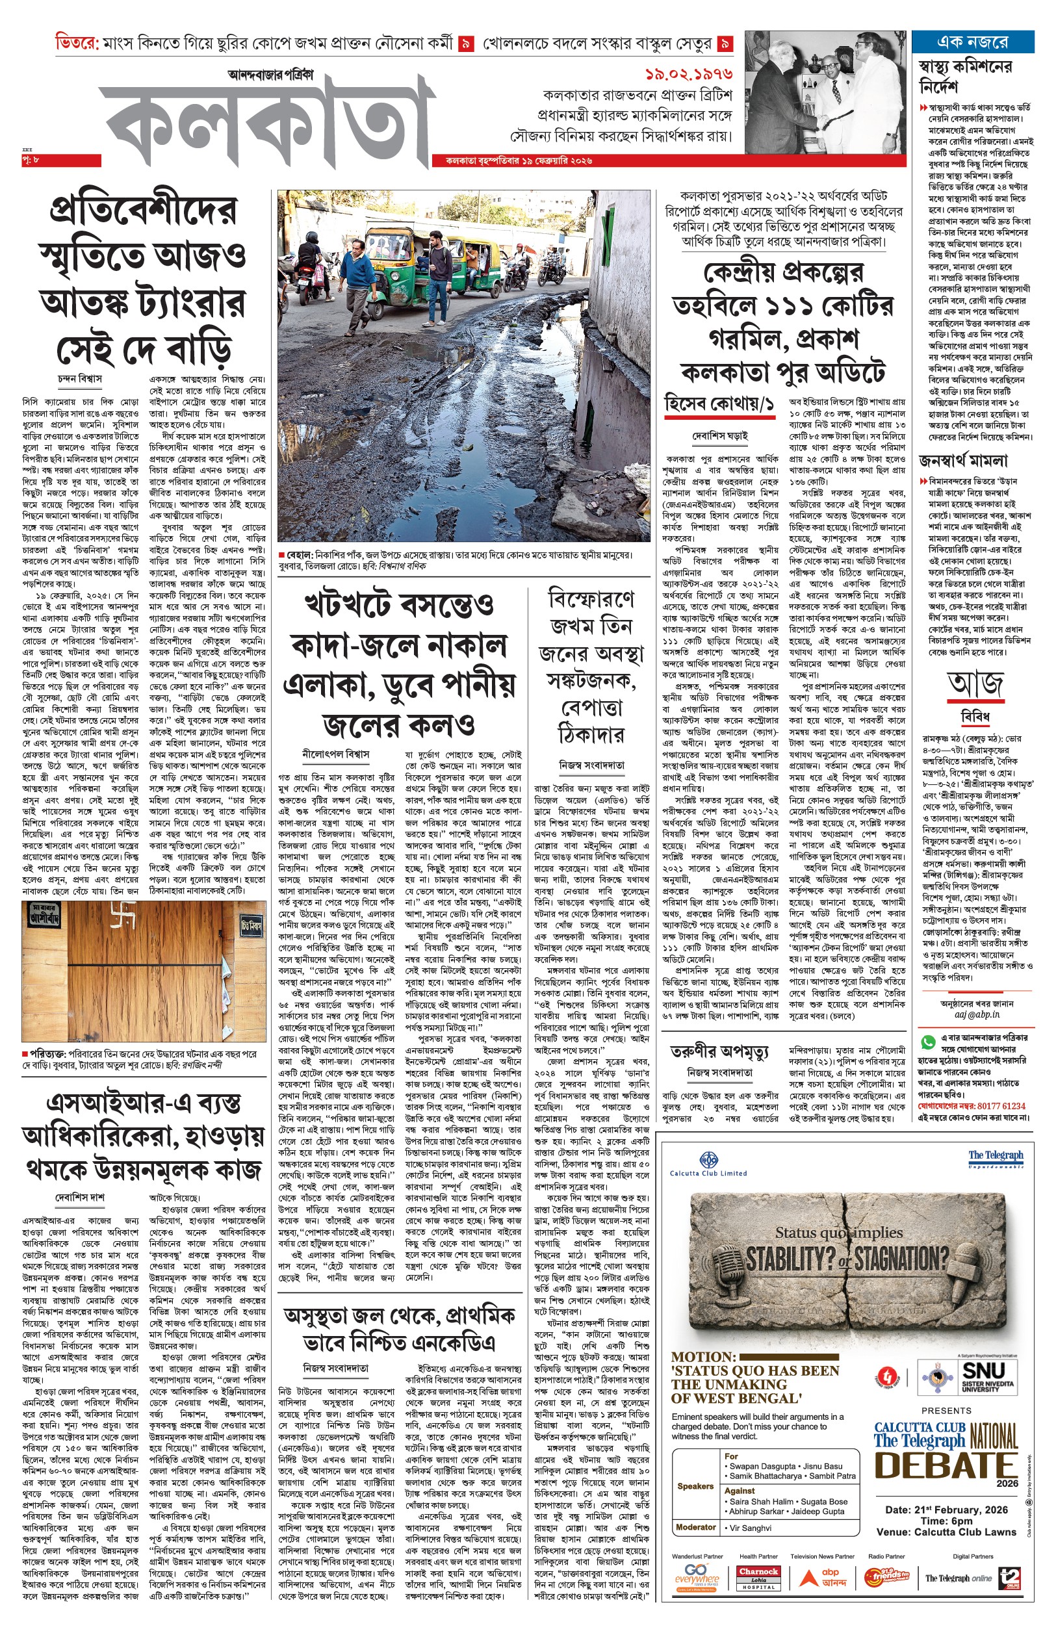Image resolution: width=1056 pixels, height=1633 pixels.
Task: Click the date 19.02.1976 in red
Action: click(688, 74)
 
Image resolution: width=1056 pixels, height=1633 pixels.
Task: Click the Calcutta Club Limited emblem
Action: click(708, 1160)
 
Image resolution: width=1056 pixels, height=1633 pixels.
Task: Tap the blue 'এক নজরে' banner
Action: click(972, 42)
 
